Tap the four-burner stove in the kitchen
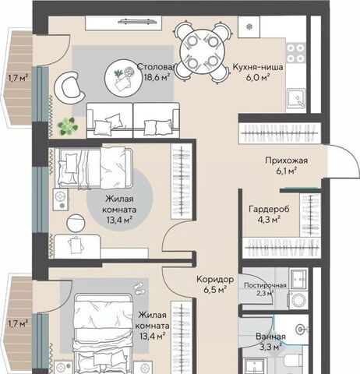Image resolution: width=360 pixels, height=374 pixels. [x=295, y=53]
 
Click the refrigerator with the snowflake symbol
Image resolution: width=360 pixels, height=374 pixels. [x=249, y=26]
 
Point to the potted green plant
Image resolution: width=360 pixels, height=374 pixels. [x=68, y=126]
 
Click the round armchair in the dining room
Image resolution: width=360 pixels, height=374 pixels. [x=70, y=88]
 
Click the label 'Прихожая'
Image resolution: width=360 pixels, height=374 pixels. [x=286, y=161]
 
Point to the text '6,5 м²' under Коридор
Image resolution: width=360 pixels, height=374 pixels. [x=215, y=289]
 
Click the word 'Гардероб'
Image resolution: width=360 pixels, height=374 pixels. [x=269, y=209]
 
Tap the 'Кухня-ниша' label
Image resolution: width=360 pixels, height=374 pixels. [x=258, y=67]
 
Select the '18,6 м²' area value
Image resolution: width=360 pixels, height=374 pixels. [x=157, y=77]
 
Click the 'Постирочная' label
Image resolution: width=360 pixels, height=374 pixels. [x=265, y=285]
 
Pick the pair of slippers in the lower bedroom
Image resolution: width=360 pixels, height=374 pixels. [x=140, y=288]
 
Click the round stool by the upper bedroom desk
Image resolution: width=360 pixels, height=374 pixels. [x=76, y=223]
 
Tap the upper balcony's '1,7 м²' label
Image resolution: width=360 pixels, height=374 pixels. [x=18, y=78]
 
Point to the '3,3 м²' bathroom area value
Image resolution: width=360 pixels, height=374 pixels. [x=270, y=347]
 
